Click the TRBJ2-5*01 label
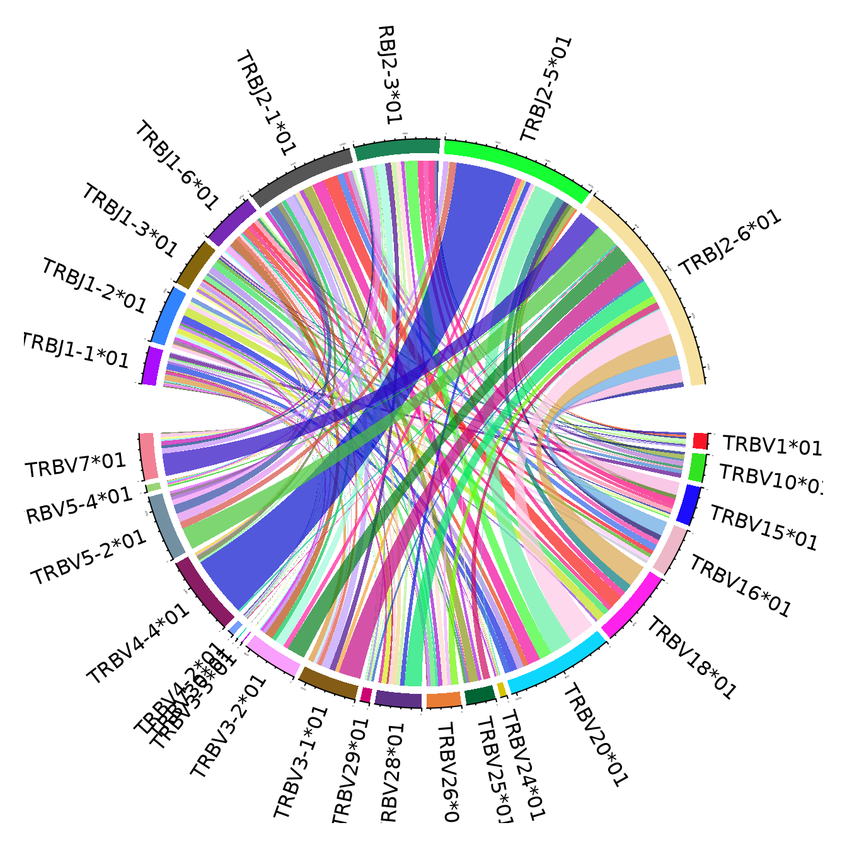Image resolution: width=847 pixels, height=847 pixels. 546,89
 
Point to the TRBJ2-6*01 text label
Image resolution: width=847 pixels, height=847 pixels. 730,243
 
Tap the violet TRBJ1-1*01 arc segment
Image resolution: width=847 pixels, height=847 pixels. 151,366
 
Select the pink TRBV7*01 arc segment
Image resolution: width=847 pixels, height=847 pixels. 149,456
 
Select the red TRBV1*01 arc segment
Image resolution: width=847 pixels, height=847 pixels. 700,440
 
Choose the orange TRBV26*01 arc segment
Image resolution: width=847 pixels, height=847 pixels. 444,700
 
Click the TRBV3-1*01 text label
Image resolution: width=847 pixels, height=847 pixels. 301,763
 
